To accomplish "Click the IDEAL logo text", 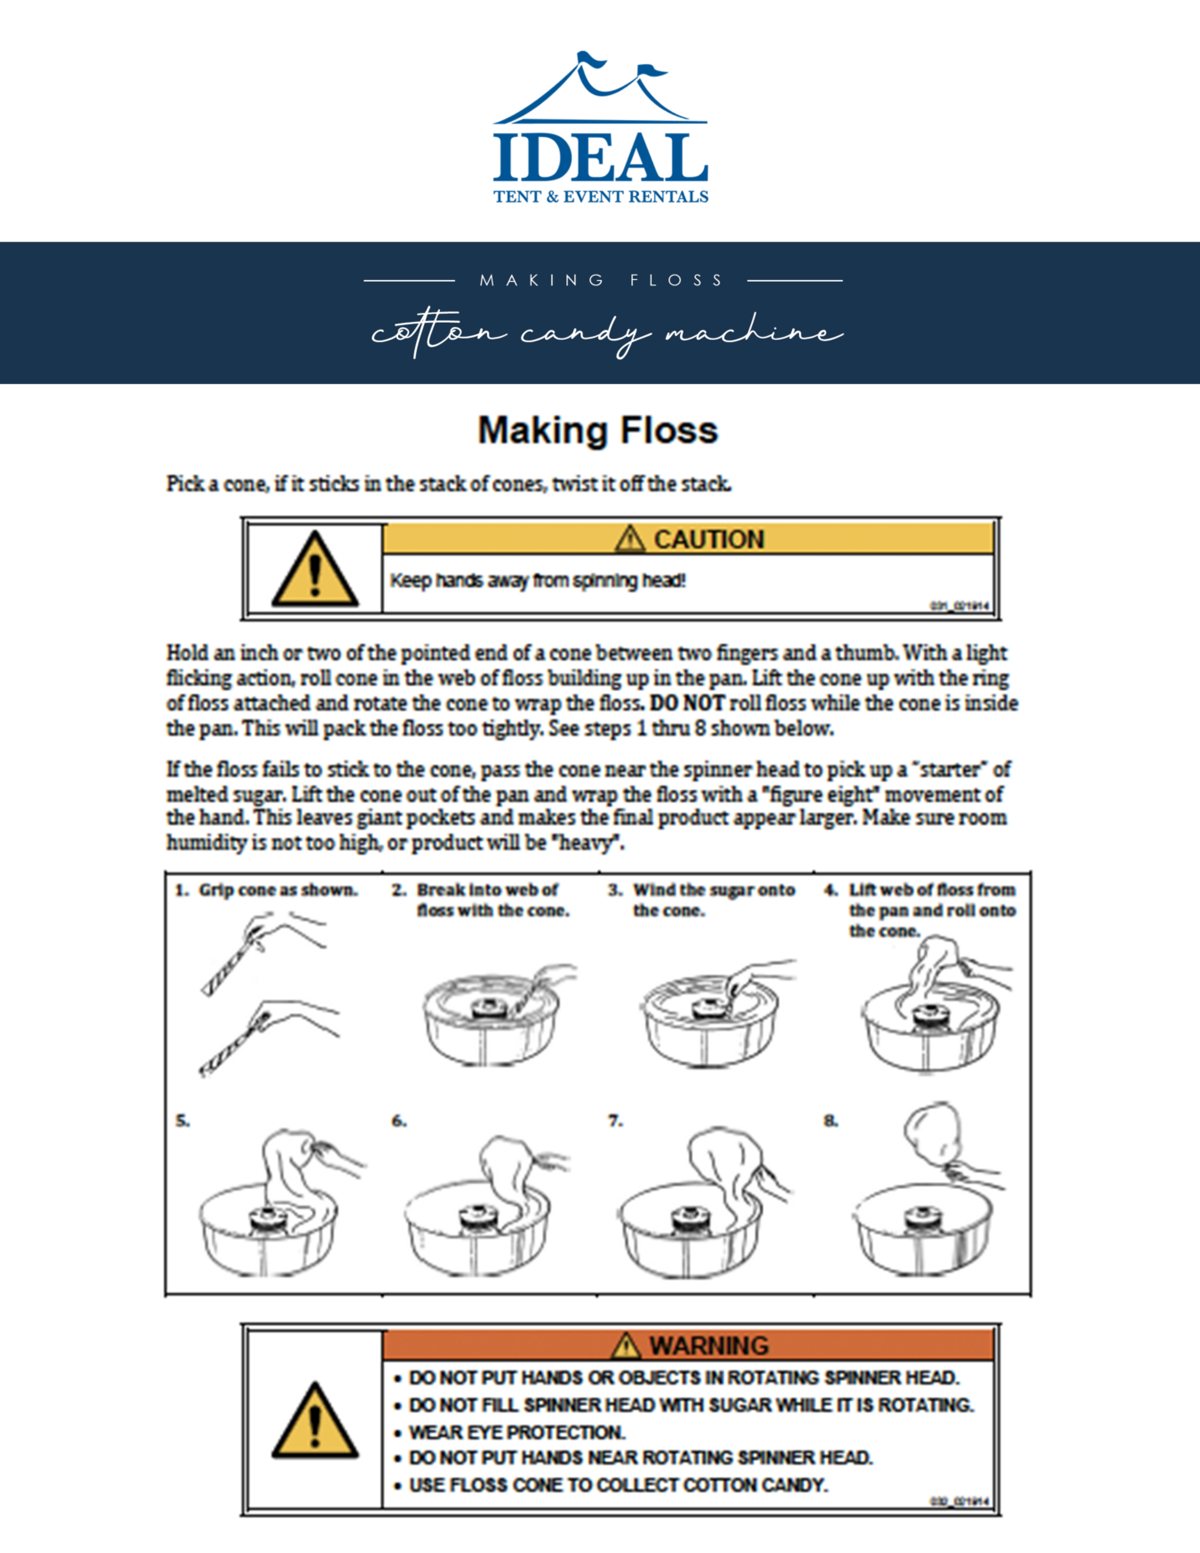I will coord(600,157).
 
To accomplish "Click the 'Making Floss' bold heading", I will coord(597,430).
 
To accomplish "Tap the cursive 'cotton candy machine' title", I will coord(606,333).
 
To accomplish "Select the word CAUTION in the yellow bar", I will coord(708,540).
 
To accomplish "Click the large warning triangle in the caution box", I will coord(315,571).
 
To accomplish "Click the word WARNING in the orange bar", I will coord(708,1345).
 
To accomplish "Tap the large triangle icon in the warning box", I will coord(315,1421).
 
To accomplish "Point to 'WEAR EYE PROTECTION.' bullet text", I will coord(516,1432).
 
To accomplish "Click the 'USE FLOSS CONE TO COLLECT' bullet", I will coord(618,1485).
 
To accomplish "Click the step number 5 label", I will coord(182,1121).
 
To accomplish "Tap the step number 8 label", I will coord(830,1121).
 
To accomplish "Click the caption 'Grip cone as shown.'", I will coord(278,890).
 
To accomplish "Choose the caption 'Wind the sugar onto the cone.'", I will coord(713,900).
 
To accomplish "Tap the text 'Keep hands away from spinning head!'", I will coord(538,580).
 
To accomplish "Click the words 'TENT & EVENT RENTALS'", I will coord(601,196).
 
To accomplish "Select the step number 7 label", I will coord(615,1121).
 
